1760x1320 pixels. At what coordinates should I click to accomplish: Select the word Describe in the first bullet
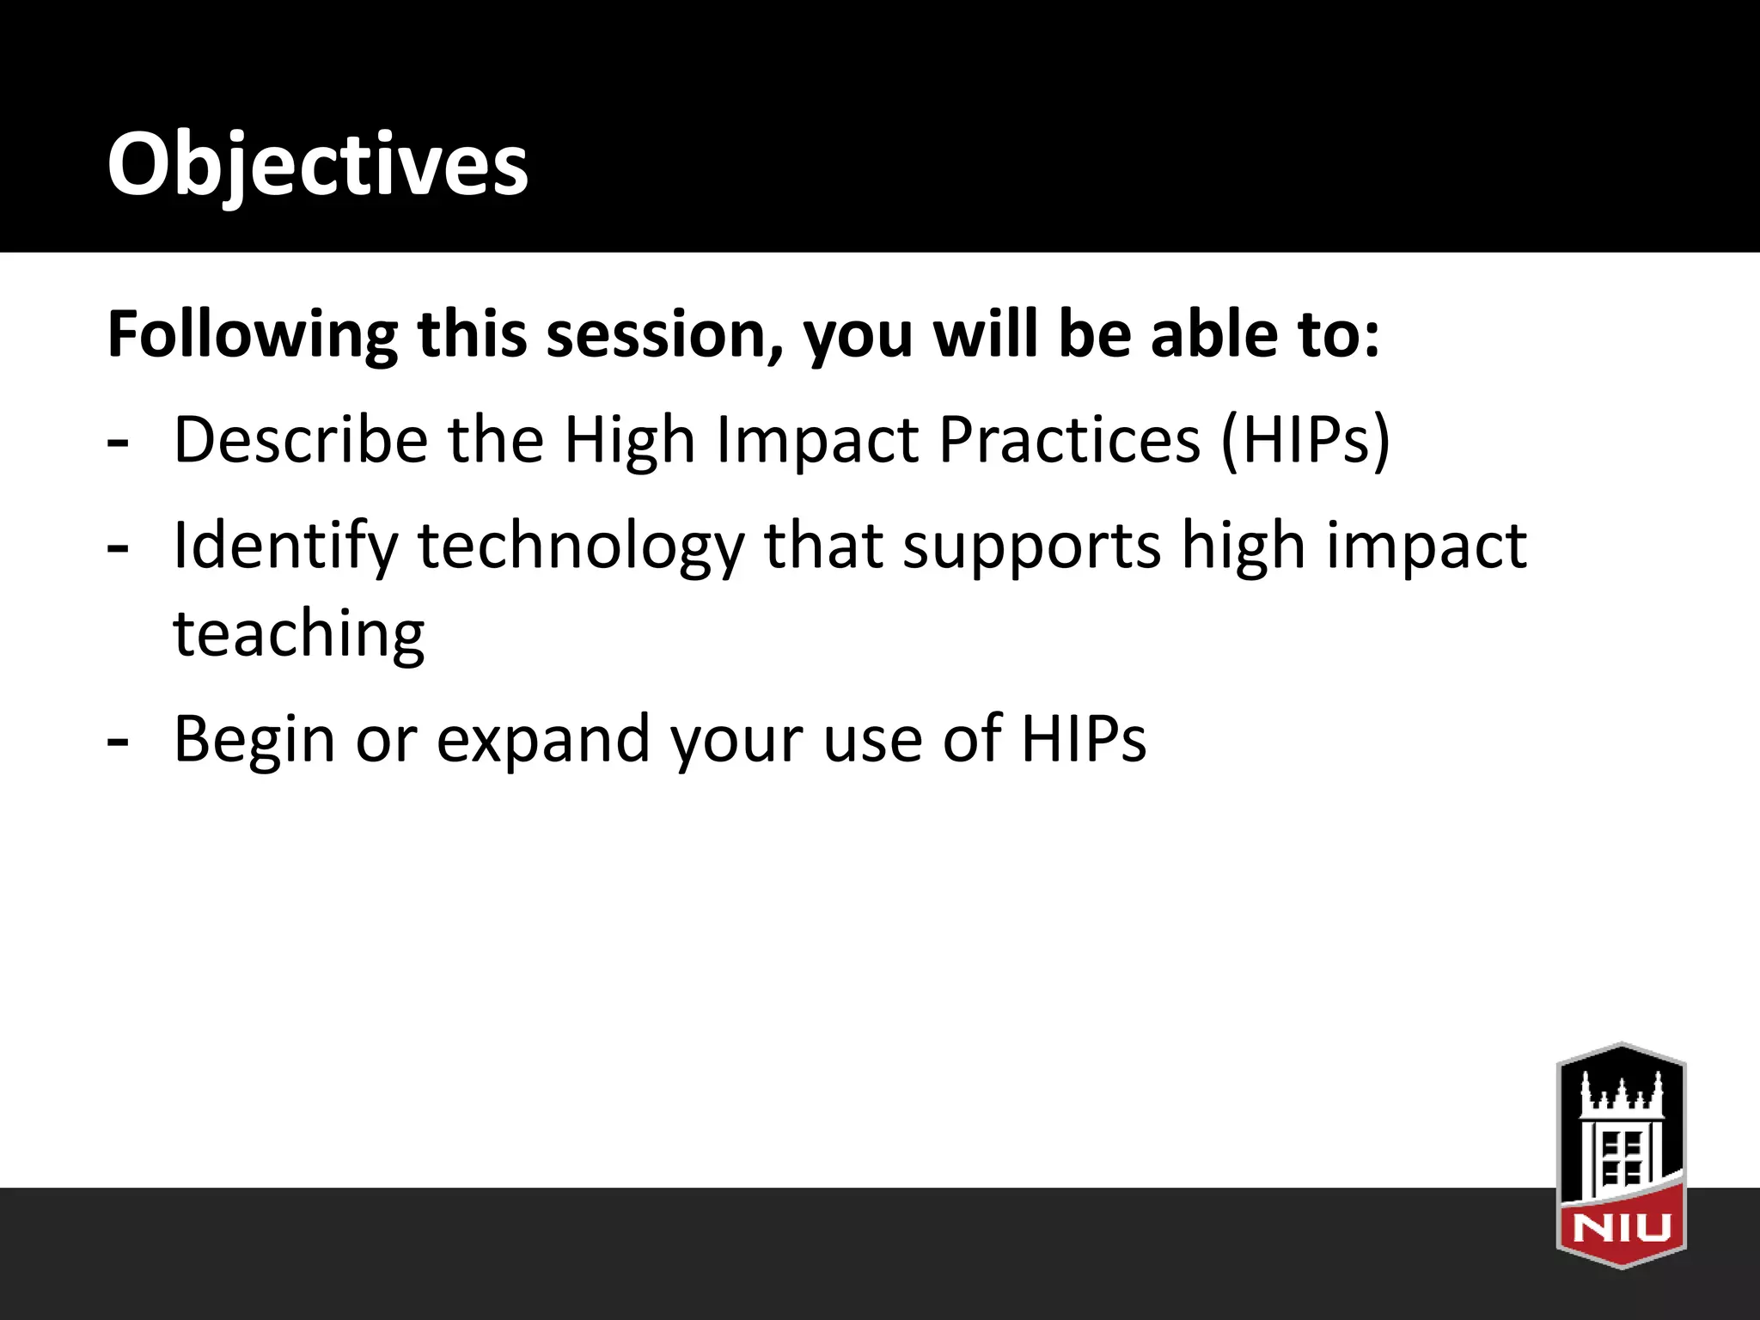pyautogui.click(x=300, y=439)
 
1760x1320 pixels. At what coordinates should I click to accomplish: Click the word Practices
pyautogui.click(x=1069, y=439)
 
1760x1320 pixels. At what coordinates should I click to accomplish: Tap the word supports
pyautogui.click(x=1032, y=547)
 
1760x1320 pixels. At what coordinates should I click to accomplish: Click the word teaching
pyautogui.click(x=299, y=634)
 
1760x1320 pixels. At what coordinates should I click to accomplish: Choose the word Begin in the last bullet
pyautogui.click(x=254, y=739)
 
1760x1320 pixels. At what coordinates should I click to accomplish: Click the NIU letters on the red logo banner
pyautogui.click(x=1622, y=1227)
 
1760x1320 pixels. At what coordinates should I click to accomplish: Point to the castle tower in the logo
pyautogui.click(x=1622, y=1134)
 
